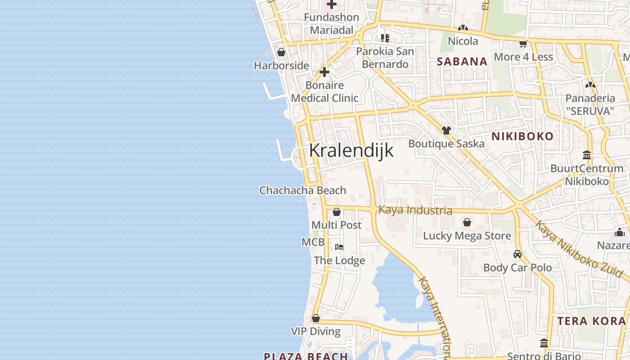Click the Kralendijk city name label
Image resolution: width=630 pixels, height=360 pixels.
click(351, 150)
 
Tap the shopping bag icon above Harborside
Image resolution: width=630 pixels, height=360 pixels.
click(281, 53)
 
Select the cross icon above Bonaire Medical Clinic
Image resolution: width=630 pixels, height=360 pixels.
click(324, 72)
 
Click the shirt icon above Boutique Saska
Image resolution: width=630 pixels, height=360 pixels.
click(446, 130)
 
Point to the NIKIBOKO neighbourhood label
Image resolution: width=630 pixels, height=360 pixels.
click(522, 136)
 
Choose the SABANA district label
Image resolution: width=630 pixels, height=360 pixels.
click(462, 62)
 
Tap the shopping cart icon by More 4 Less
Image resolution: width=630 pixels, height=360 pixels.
click(523, 44)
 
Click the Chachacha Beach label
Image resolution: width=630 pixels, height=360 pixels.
click(303, 190)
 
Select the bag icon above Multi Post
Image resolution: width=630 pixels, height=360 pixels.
click(336, 212)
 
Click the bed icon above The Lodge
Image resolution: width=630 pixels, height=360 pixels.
click(339, 247)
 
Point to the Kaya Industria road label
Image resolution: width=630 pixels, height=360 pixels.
click(415, 210)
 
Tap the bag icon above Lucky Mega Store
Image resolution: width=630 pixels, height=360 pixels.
click(467, 222)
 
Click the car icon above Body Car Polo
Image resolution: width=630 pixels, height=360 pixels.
click(517, 254)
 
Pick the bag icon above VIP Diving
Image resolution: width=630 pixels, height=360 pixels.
click(316, 318)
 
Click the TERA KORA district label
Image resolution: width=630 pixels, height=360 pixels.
click(592, 321)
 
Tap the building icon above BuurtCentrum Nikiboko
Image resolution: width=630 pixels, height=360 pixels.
click(587, 155)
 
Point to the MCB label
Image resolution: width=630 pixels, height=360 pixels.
click(313, 242)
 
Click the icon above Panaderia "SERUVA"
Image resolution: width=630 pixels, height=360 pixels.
click(590, 85)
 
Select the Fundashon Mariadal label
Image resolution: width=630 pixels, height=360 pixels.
click(332, 23)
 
